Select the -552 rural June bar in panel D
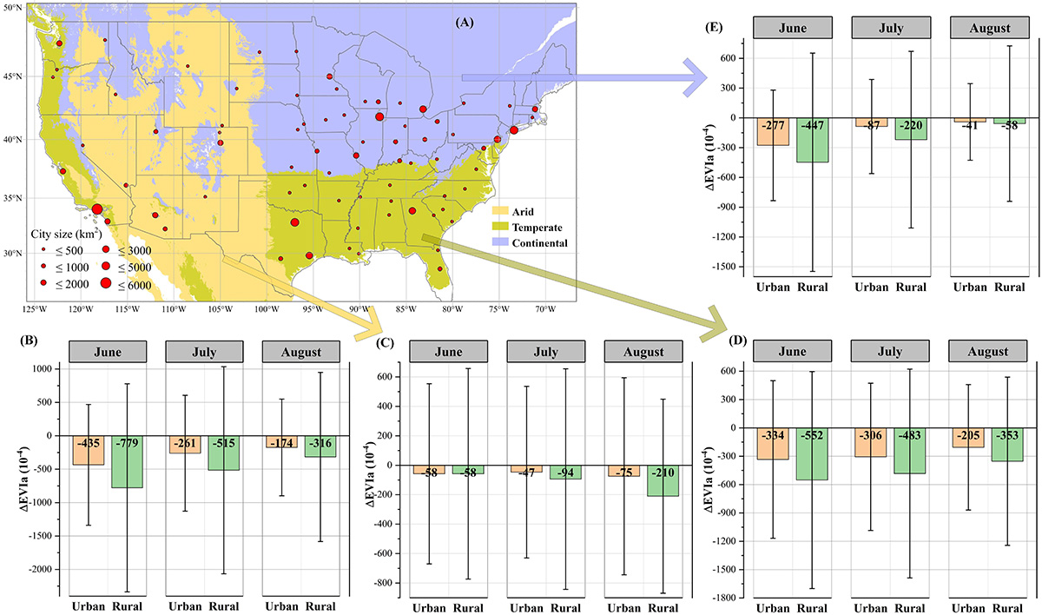point(808,453)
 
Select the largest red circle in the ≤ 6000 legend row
point(106,283)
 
